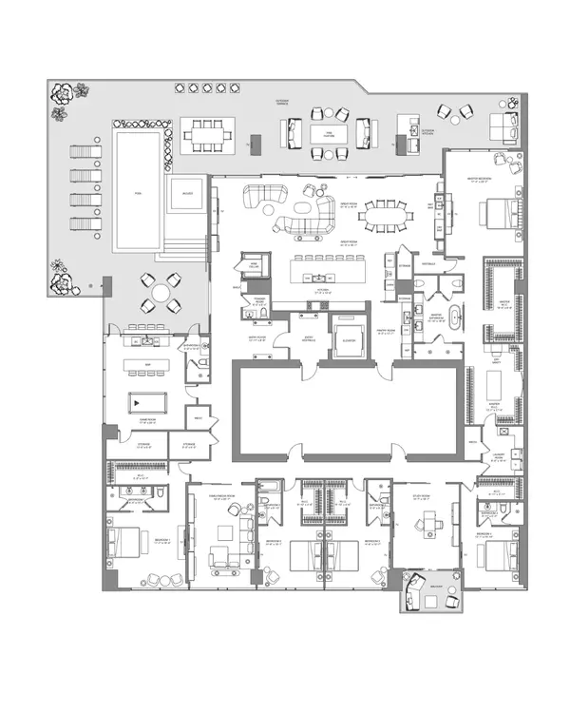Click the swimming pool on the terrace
pos(138,190)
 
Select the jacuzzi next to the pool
pos(184,199)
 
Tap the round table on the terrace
pos(160,292)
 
